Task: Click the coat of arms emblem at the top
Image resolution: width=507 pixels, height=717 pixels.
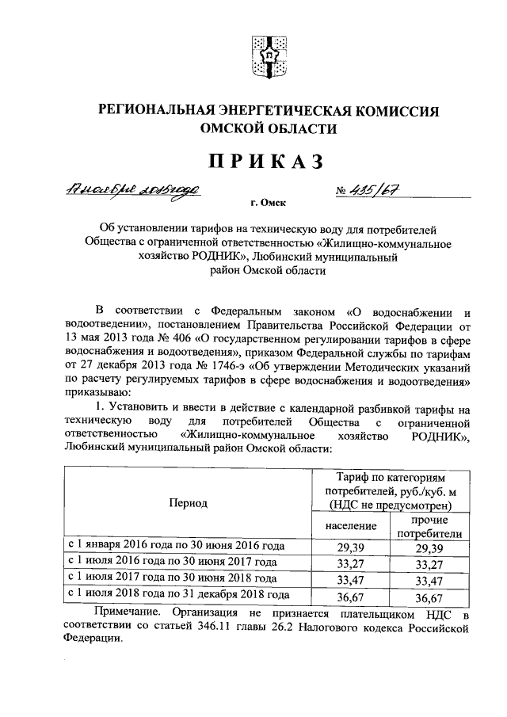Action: pyautogui.click(x=266, y=55)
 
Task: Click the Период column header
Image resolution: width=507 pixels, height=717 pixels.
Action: pyautogui.click(x=188, y=503)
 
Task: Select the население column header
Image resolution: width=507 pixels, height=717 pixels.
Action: pyautogui.click(x=349, y=526)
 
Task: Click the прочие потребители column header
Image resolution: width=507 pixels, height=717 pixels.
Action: pyautogui.click(x=429, y=526)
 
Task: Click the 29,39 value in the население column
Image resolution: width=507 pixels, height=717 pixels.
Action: pyautogui.click(x=349, y=548)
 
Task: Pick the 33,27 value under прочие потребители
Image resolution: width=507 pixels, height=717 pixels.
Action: pyautogui.click(x=429, y=564)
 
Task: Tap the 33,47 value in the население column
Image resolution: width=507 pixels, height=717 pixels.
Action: pyautogui.click(x=349, y=580)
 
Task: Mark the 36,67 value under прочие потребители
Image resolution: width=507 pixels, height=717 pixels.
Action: pyautogui.click(x=429, y=596)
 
